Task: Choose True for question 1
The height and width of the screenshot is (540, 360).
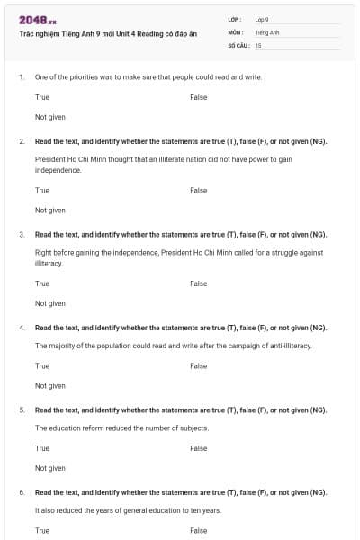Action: (x=42, y=96)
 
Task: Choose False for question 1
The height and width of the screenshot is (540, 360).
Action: (x=199, y=96)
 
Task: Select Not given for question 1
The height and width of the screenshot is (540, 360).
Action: (x=50, y=117)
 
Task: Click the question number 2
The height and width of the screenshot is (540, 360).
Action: (x=22, y=141)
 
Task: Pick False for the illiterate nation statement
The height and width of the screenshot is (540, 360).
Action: (x=199, y=190)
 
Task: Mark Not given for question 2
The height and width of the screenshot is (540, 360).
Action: (x=50, y=211)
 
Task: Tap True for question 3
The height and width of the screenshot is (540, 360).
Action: (x=42, y=283)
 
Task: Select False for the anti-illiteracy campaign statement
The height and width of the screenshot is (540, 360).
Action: (x=199, y=366)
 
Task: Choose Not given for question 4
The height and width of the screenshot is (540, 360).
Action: (x=50, y=386)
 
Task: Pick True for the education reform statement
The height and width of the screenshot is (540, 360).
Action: (x=42, y=448)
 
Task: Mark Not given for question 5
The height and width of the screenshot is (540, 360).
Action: (x=50, y=468)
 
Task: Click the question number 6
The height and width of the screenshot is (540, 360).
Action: (x=22, y=492)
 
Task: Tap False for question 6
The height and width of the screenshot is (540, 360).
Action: (x=199, y=530)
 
